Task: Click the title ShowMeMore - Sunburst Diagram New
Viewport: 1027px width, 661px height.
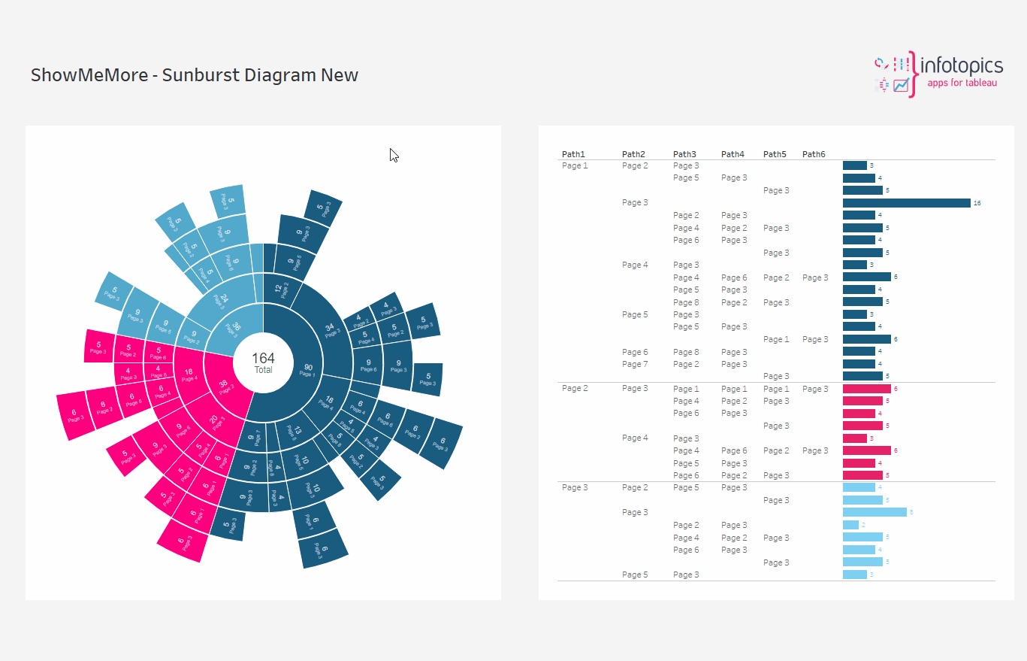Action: [195, 75]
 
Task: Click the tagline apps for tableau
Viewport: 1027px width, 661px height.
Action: [962, 83]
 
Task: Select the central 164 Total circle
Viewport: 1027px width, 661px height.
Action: [263, 362]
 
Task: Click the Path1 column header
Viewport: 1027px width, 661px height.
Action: [573, 154]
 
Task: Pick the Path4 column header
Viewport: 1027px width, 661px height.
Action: [732, 154]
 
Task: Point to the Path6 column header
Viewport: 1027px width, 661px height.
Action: [814, 154]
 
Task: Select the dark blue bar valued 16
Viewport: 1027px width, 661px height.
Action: [906, 203]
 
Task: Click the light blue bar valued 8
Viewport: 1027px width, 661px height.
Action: [874, 512]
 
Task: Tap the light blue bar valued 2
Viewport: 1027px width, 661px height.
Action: [850, 525]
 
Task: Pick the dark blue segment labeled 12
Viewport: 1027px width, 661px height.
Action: [280, 290]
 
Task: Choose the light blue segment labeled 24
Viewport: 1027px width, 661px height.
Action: [222, 299]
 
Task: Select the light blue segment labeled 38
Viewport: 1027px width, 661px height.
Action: [234, 329]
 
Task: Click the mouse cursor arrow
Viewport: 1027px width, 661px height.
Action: [393, 154]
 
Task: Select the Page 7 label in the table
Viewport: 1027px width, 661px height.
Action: [635, 364]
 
